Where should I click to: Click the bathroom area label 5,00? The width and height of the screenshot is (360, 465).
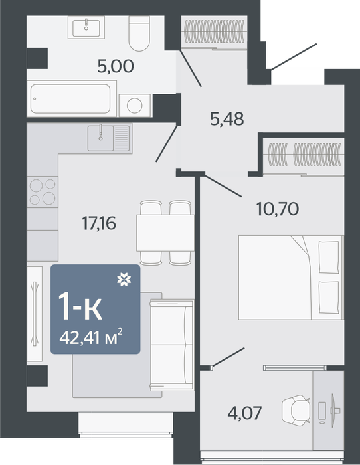click(116, 66)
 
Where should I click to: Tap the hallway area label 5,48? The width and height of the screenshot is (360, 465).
click(227, 119)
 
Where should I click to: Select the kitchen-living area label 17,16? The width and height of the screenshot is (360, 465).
click(99, 223)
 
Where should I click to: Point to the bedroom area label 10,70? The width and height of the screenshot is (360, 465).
click(277, 209)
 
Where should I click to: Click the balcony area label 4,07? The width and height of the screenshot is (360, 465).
click(244, 413)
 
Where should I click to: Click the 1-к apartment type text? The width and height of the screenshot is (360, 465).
click(80, 306)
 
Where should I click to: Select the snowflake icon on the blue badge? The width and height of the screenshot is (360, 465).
click(124, 280)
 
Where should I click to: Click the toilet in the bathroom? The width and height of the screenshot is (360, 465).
click(139, 33)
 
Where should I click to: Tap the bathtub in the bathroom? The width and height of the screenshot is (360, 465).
click(71, 98)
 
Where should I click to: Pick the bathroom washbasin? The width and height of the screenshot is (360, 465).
click(86, 27)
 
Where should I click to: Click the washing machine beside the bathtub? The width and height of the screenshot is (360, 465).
click(135, 105)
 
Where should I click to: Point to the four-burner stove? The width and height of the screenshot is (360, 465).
click(43, 192)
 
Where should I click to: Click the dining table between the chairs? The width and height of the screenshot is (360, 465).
click(165, 233)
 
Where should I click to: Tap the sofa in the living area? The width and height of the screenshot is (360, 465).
click(171, 345)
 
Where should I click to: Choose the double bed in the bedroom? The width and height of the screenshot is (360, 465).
click(291, 278)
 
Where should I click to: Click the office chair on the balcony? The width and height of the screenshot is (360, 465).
click(296, 411)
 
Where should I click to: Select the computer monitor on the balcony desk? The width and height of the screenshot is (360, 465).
click(335, 411)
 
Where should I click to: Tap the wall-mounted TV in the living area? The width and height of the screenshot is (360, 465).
click(35, 314)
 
